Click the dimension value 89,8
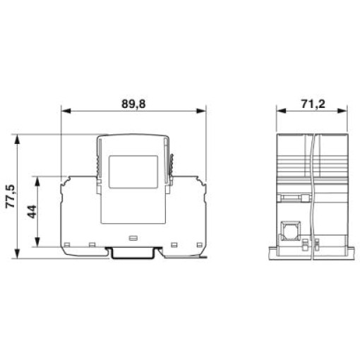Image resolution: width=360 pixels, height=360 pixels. click(x=133, y=104)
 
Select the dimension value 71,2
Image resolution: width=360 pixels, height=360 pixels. click(x=313, y=104)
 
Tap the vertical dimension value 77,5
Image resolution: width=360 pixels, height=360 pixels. click(x=11, y=196)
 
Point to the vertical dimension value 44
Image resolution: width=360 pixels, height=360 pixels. click(x=32, y=212)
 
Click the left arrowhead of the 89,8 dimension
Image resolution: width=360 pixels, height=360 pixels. click(x=66, y=111)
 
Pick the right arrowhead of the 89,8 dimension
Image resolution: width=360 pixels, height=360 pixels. click(x=201, y=111)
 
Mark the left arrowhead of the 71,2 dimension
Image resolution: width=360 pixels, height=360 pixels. click(x=281, y=111)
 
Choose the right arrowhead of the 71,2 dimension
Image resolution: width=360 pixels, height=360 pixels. click(x=342, y=111)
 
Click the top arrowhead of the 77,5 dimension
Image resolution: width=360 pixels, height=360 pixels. click(x=17, y=139)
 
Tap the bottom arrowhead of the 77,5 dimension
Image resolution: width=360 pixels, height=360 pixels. click(x=17, y=253)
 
